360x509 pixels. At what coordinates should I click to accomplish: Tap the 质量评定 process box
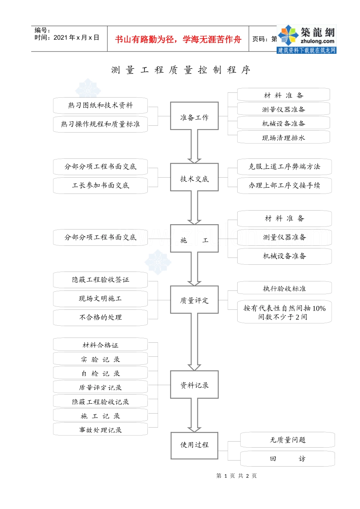(x=194, y=300)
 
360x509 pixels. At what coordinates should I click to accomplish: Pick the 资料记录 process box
(x=194, y=384)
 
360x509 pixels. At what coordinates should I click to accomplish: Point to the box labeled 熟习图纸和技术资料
(x=100, y=105)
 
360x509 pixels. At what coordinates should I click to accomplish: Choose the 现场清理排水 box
(x=283, y=137)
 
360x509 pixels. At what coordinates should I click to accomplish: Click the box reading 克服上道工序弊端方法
(x=284, y=167)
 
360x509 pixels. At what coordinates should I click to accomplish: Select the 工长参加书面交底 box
(x=100, y=186)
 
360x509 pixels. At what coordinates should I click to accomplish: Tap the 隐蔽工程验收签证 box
(x=100, y=280)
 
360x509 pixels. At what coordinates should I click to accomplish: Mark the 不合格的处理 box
(x=100, y=317)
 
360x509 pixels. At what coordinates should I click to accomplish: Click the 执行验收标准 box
(x=284, y=288)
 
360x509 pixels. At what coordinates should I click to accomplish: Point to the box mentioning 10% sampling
(x=284, y=312)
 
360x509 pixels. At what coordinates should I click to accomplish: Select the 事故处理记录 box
(x=100, y=429)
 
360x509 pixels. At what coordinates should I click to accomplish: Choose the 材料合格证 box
(x=100, y=345)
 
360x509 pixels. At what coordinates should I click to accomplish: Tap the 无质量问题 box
(x=287, y=440)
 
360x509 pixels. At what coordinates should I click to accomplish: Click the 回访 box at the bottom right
(x=287, y=459)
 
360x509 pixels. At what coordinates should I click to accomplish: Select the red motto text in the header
(x=178, y=39)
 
